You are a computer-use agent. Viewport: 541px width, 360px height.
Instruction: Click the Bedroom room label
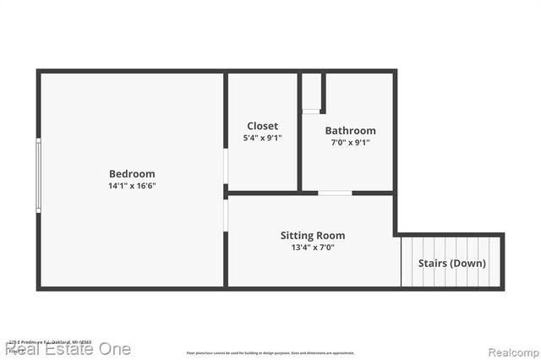tap(131, 174)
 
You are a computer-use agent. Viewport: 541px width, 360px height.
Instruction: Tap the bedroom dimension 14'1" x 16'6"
tap(131, 186)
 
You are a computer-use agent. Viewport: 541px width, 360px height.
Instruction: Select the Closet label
tap(263, 126)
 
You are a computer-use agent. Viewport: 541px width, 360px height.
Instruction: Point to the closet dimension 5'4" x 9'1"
tap(263, 138)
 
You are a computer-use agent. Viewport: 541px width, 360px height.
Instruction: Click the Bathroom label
tap(350, 131)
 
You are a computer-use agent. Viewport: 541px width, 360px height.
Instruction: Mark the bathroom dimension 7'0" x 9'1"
tap(350, 143)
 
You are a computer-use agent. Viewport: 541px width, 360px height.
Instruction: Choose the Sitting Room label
tap(313, 236)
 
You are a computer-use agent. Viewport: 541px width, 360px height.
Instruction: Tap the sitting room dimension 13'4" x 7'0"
tap(313, 248)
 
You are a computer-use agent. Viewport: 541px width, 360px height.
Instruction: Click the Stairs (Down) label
tap(452, 263)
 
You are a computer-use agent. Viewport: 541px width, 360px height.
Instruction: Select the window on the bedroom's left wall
tap(38, 176)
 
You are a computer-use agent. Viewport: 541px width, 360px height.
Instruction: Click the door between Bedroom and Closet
tap(226, 167)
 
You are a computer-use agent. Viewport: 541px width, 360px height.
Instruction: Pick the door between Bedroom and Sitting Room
tap(226, 215)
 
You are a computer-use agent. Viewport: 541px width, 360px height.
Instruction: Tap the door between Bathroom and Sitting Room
tap(335, 194)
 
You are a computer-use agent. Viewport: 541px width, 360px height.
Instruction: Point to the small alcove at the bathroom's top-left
tap(312, 92)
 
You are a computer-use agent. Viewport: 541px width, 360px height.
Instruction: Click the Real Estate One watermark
tap(68, 348)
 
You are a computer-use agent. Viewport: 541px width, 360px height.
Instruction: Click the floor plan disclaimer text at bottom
tap(270, 353)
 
